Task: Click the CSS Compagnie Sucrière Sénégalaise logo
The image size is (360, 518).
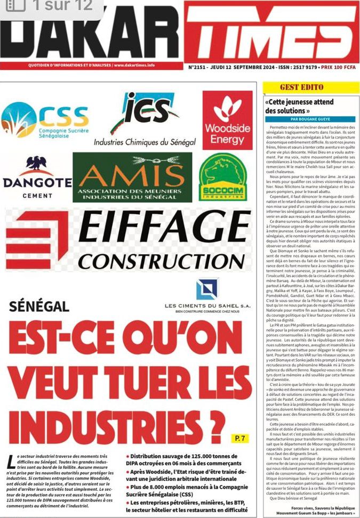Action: pyautogui.click(x=45, y=120)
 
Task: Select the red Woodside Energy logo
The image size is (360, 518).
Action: pyautogui.click(x=227, y=119)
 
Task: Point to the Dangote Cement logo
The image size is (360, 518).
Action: pyautogui.click(x=37, y=179)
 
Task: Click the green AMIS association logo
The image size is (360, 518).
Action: pyautogui.click(x=132, y=177)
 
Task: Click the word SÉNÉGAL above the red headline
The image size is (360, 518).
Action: pyautogui.click(x=39, y=306)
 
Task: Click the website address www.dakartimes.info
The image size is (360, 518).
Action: pyautogui.click(x=134, y=66)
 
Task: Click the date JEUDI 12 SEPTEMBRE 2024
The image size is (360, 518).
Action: pyautogui.click(x=238, y=68)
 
